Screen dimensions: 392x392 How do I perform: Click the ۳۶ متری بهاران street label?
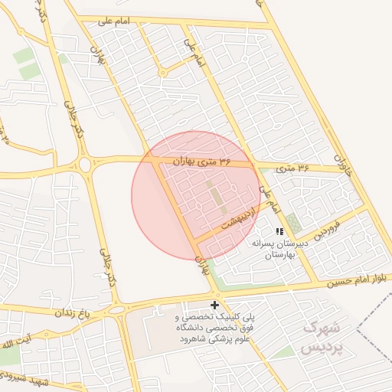203,162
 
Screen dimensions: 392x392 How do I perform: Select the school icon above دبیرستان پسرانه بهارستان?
279,231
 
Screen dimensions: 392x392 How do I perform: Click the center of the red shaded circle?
196,196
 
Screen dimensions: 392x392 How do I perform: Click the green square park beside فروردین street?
293,223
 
